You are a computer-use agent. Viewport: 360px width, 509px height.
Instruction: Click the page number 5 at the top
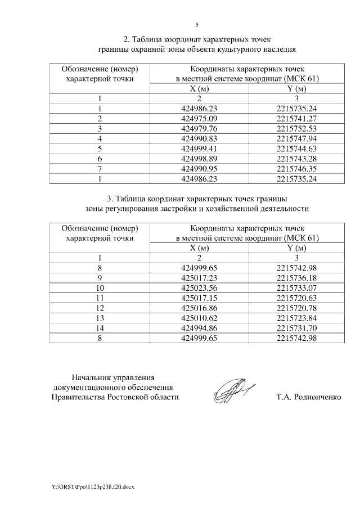point(197,25)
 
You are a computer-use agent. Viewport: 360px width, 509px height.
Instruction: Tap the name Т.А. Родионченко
point(309,397)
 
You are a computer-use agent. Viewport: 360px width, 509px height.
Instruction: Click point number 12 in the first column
point(100,308)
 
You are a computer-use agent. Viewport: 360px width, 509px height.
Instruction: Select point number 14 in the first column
point(100,328)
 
